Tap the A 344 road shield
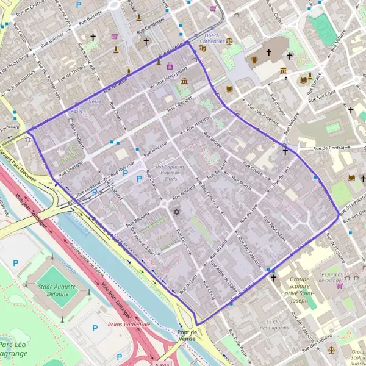[161, 364]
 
